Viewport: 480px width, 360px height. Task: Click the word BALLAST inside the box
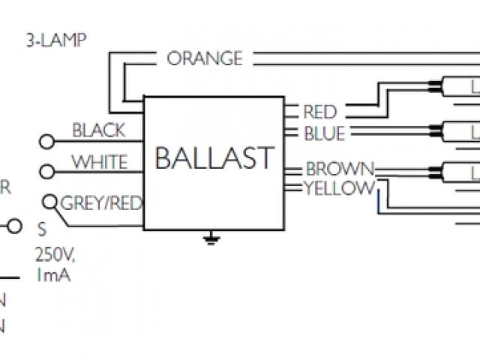[214, 159]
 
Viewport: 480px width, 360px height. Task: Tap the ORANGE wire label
[204, 58]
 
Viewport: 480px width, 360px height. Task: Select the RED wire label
[319, 113]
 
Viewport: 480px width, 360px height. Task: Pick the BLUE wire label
[324, 134]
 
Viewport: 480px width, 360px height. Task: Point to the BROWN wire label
[339, 169]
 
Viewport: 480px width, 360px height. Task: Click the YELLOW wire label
[338, 188]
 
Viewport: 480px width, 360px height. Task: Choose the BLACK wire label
[98, 130]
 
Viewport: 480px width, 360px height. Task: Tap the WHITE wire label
[99, 162]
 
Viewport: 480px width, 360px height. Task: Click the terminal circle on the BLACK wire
[46, 140]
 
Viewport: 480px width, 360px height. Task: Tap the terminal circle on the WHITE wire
[46, 172]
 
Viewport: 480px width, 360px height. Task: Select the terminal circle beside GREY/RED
[51, 202]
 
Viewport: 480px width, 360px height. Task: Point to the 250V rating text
[55, 257]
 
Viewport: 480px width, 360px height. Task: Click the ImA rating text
[52, 275]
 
